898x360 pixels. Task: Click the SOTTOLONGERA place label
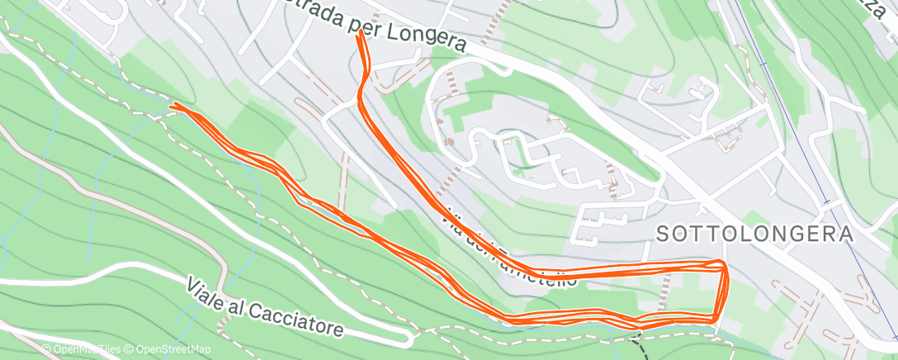[x=754, y=234]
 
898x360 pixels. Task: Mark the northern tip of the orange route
[x=361, y=34]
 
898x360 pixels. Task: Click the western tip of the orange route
[x=172, y=106]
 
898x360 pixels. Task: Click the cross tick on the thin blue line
[x=826, y=201]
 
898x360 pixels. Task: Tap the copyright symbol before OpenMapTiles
[x=46, y=350]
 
